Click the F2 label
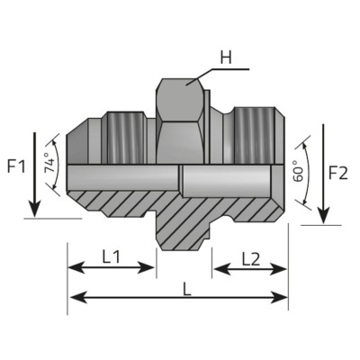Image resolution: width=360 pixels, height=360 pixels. coord(339,172)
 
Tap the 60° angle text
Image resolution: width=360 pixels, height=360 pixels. coord(299,172)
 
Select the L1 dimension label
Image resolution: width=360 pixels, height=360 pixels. coord(112,256)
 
